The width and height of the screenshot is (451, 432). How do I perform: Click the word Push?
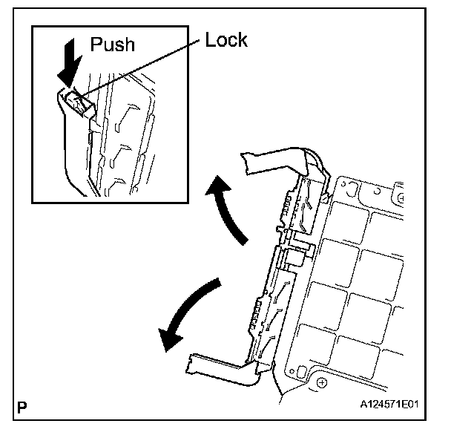(113, 44)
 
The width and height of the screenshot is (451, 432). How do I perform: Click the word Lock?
(226, 39)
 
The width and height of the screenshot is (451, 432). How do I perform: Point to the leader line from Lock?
(141, 67)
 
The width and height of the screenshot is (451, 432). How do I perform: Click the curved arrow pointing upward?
(226, 208)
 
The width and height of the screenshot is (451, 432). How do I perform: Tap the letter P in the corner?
(23, 407)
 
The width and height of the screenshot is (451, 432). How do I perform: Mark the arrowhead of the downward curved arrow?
(168, 338)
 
